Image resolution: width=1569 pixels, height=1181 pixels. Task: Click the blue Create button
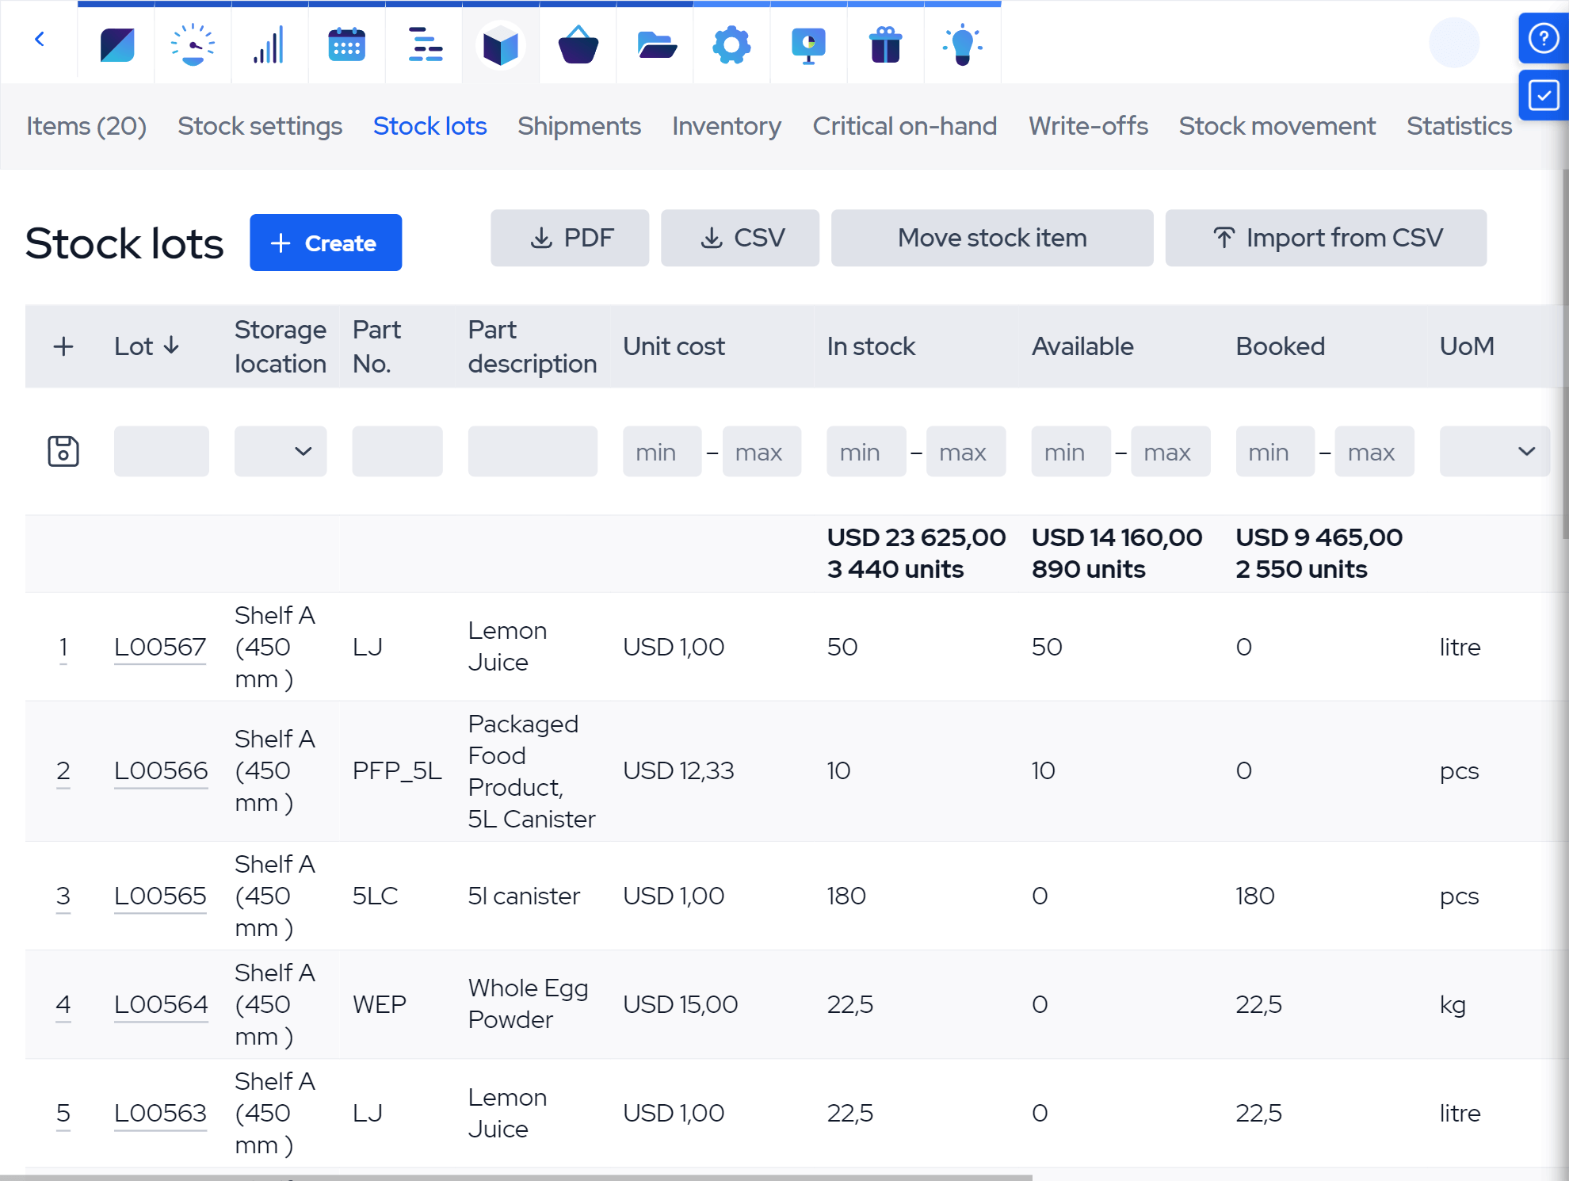pyautogui.click(x=325, y=243)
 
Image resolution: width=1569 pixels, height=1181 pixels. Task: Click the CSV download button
pyautogui.click(x=740, y=238)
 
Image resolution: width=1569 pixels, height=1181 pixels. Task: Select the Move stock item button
pyautogui.click(x=991, y=238)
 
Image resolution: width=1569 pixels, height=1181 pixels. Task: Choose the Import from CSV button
pyautogui.click(x=1326, y=238)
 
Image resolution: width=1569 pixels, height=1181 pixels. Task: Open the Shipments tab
pyautogui.click(x=578, y=126)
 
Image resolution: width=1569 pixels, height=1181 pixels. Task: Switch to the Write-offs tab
pyautogui.click(x=1087, y=126)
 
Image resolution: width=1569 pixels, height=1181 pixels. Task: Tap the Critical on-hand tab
pyautogui.click(x=904, y=126)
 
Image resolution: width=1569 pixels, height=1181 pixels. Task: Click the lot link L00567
pyautogui.click(x=160, y=647)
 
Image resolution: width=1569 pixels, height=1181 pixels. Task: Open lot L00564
pyautogui.click(x=161, y=1004)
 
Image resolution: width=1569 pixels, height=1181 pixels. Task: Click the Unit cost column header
pyautogui.click(x=674, y=346)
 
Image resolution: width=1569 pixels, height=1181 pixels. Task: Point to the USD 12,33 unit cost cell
pyautogui.click(x=678, y=770)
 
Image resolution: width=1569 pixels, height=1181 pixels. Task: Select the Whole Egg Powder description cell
pyautogui.click(x=528, y=1003)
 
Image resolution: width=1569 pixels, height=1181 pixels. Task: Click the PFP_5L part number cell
pyautogui.click(x=397, y=770)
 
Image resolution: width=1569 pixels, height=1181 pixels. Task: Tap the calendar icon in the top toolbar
pyautogui.click(x=346, y=44)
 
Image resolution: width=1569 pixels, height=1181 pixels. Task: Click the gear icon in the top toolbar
pyautogui.click(x=731, y=44)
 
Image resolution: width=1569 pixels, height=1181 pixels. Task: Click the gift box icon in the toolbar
pyautogui.click(x=885, y=44)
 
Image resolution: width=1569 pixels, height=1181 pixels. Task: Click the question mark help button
pyautogui.click(x=1543, y=38)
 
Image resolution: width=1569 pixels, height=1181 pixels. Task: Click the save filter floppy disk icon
pyautogui.click(x=63, y=451)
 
